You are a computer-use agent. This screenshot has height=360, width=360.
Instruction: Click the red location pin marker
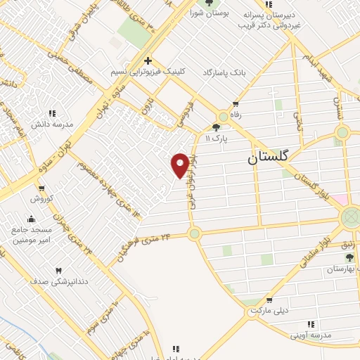tap(180, 165)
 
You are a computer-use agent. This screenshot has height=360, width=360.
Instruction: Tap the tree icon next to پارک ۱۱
tap(216, 128)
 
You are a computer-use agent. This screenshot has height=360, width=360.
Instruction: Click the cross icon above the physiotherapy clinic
tap(148, 60)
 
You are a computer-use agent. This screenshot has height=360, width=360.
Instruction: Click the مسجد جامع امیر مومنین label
tap(31, 235)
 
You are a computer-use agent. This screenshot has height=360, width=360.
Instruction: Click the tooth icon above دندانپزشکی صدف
tap(58, 271)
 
